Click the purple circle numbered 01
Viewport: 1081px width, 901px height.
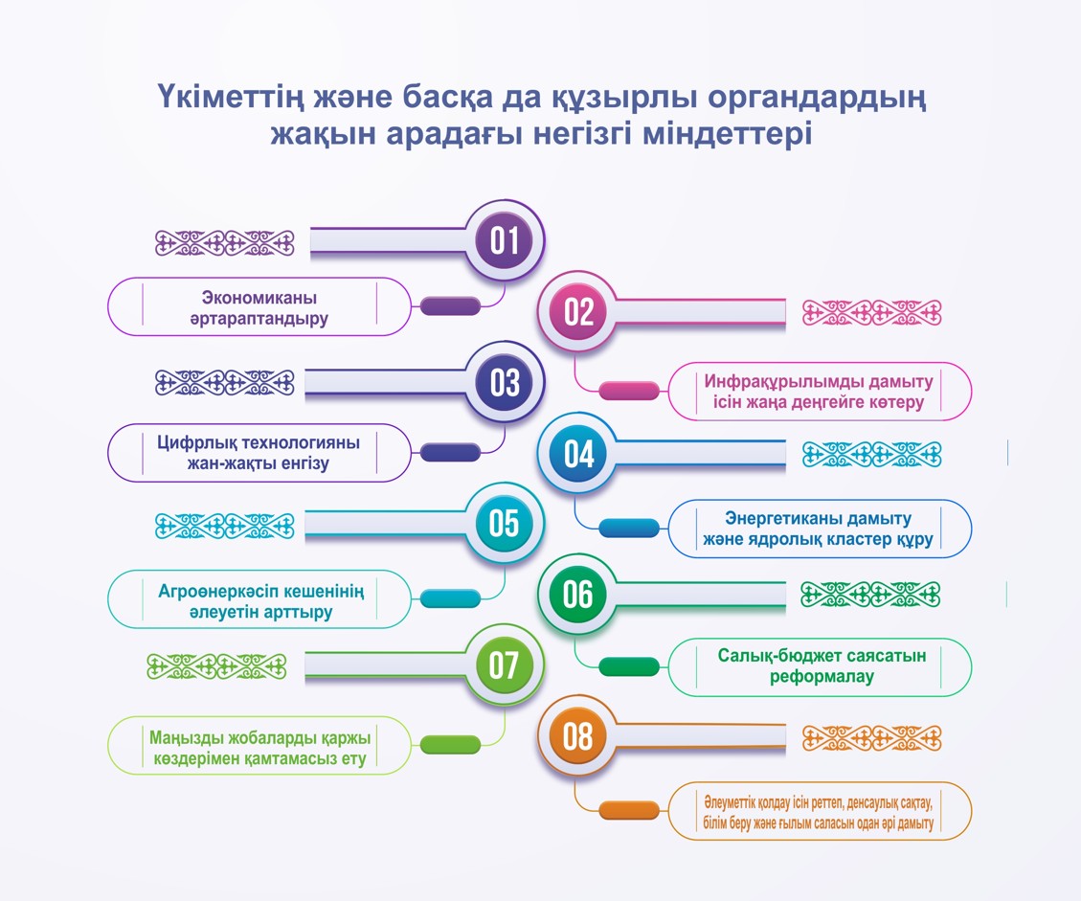tap(505, 240)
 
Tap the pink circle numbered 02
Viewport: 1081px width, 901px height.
tap(578, 312)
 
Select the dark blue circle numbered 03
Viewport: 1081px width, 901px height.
tap(505, 382)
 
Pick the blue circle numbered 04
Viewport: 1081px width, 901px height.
tap(578, 454)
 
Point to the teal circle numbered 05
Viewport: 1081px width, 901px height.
tap(505, 524)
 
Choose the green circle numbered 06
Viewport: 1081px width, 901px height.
tap(578, 595)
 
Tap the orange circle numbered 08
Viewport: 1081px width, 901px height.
tap(578, 737)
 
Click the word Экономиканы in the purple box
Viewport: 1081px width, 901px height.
tap(259, 297)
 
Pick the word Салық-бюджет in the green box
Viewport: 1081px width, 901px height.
tap(779, 656)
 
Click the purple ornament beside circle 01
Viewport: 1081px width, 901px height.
tap(224, 243)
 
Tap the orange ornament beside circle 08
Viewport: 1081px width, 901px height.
tap(871, 738)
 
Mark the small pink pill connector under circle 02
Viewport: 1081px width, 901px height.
tap(629, 391)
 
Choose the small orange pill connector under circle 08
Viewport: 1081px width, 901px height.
tap(629, 811)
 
